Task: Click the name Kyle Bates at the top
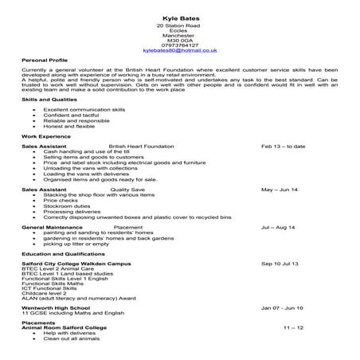[x=179, y=17]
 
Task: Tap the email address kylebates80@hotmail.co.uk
[x=179, y=50]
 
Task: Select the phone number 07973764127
[x=179, y=45]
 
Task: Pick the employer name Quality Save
[x=127, y=190]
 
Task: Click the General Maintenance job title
[x=53, y=227]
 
